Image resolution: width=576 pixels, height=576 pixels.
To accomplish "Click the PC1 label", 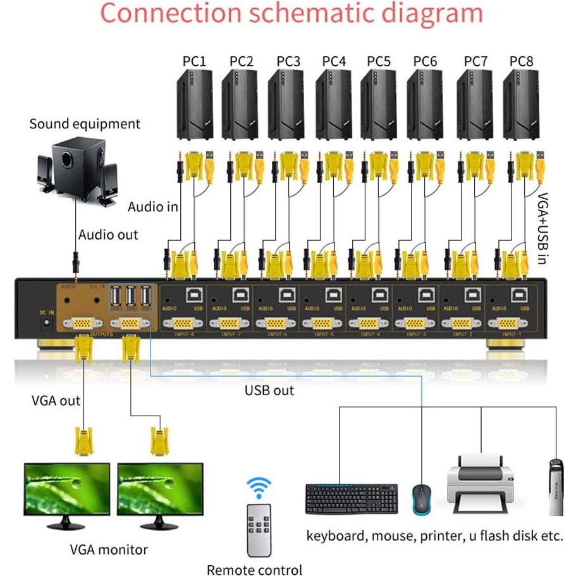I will click(x=195, y=61).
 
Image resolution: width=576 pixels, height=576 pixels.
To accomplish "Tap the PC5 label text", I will click(x=379, y=61).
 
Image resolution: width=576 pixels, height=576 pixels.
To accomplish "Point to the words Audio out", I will click(x=108, y=235).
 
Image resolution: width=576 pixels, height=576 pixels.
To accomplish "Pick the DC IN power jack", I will click(x=45, y=322).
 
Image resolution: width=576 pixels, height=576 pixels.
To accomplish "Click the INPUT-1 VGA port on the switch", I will click(x=510, y=323).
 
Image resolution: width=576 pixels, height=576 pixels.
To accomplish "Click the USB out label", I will click(x=269, y=390).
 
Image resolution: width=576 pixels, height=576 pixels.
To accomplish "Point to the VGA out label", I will click(x=56, y=400).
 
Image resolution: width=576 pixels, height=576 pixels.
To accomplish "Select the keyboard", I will click(x=352, y=499).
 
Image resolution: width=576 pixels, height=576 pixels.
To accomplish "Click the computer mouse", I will click(x=422, y=499).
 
